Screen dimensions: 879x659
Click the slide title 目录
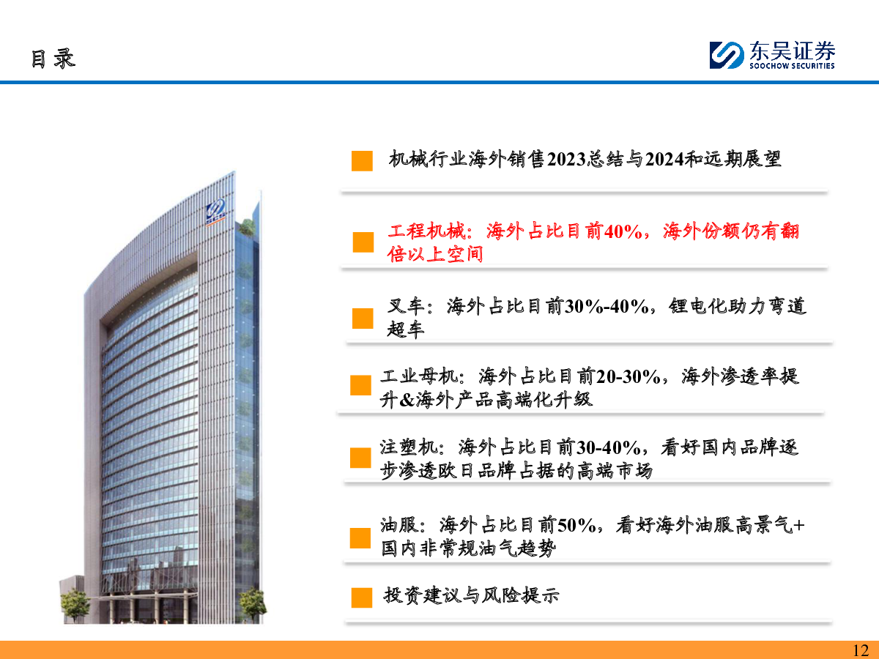point(53,59)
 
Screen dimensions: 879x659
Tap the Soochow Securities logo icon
point(727,55)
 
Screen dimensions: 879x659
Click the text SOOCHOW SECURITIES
point(792,66)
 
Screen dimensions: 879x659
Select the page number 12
point(861,650)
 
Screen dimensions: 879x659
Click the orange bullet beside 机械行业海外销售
point(362,161)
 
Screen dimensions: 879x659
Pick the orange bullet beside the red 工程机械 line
point(363,242)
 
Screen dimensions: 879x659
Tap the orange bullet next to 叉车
point(363,318)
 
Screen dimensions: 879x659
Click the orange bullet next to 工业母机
point(360,385)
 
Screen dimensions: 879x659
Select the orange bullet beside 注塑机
point(360,458)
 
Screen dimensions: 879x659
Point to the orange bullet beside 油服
point(360,537)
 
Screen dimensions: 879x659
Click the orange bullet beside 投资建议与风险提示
point(362,597)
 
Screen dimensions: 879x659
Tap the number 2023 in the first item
point(567,159)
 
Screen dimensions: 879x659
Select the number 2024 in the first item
point(665,159)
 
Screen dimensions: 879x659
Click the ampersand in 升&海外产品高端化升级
point(407,400)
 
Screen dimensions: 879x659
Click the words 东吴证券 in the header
point(793,51)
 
